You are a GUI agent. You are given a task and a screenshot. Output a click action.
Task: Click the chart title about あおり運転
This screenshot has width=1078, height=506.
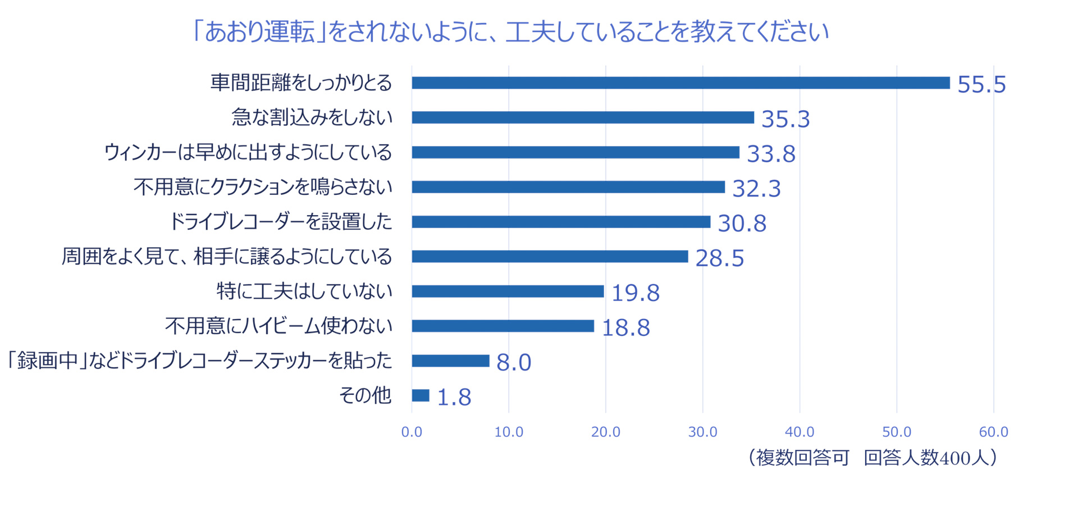click(x=510, y=32)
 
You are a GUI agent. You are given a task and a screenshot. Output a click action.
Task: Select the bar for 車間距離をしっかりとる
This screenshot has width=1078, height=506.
click(x=680, y=83)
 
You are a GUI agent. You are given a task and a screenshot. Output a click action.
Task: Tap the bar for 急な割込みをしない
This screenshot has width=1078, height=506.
click(x=583, y=117)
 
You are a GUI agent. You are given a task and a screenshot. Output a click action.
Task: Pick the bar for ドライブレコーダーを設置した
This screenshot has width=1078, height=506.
click(x=561, y=222)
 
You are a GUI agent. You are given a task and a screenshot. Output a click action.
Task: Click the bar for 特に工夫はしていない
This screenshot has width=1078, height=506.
click(x=508, y=291)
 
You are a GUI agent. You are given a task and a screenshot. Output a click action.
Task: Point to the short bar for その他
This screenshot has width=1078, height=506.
click(x=421, y=395)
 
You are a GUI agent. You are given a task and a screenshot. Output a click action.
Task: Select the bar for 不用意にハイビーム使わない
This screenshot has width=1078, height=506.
click(x=503, y=326)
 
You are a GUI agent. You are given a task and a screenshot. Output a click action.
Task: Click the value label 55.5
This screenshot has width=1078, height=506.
click(x=981, y=85)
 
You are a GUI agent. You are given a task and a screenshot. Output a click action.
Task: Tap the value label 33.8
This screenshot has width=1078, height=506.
click(x=771, y=154)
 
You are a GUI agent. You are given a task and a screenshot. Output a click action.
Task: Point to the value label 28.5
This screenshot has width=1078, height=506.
click(x=719, y=258)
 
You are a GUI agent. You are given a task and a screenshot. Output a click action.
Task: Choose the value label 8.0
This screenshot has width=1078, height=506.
click(x=514, y=363)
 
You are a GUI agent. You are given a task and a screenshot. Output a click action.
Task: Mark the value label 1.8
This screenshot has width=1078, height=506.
click(x=454, y=398)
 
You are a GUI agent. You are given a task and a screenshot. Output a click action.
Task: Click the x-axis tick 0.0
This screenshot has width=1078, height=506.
click(x=412, y=432)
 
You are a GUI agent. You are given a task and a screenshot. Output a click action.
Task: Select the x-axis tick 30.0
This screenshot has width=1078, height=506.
click(x=702, y=432)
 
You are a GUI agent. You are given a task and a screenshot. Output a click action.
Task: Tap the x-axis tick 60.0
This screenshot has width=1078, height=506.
click(x=993, y=432)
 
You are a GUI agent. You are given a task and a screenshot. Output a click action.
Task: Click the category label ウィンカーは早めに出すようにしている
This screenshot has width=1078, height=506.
click(x=248, y=152)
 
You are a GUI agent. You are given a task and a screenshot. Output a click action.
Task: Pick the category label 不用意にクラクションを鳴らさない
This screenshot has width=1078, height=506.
click(x=263, y=187)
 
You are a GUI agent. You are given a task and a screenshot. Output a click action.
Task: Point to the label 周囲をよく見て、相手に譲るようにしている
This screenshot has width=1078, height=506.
click(x=226, y=257)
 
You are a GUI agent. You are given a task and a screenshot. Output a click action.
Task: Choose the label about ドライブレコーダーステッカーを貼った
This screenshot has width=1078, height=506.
click(x=199, y=361)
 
